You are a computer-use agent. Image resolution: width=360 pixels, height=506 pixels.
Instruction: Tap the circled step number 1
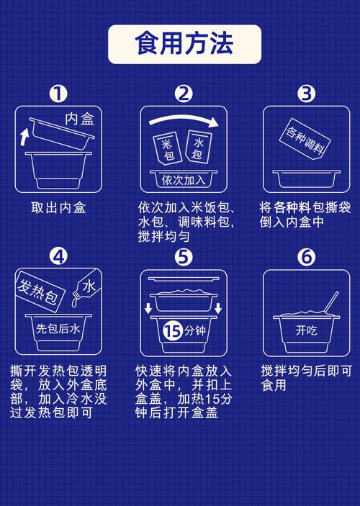click(x=58, y=94)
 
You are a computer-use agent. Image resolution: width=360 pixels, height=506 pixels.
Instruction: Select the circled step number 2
click(x=184, y=94)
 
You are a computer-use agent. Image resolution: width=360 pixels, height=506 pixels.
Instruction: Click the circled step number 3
click(x=307, y=94)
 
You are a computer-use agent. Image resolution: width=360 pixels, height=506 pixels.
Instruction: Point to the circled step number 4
click(x=58, y=257)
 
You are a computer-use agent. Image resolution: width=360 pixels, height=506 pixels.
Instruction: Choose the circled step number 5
click(x=184, y=257)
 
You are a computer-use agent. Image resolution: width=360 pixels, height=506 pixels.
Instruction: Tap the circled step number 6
click(x=307, y=257)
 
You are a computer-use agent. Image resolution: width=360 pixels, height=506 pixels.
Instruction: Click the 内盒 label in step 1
click(x=79, y=119)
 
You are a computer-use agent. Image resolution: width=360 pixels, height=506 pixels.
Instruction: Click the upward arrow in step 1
click(x=25, y=135)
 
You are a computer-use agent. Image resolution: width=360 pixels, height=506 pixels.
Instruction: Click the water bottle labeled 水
click(x=85, y=289)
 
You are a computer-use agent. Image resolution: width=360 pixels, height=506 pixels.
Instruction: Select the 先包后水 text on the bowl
click(x=60, y=328)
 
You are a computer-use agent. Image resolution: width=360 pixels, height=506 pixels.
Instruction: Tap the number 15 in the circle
click(x=171, y=331)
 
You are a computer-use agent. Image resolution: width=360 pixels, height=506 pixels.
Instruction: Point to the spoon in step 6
click(x=330, y=304)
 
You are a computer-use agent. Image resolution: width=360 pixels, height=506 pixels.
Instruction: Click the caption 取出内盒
click(x=58, y=207)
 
